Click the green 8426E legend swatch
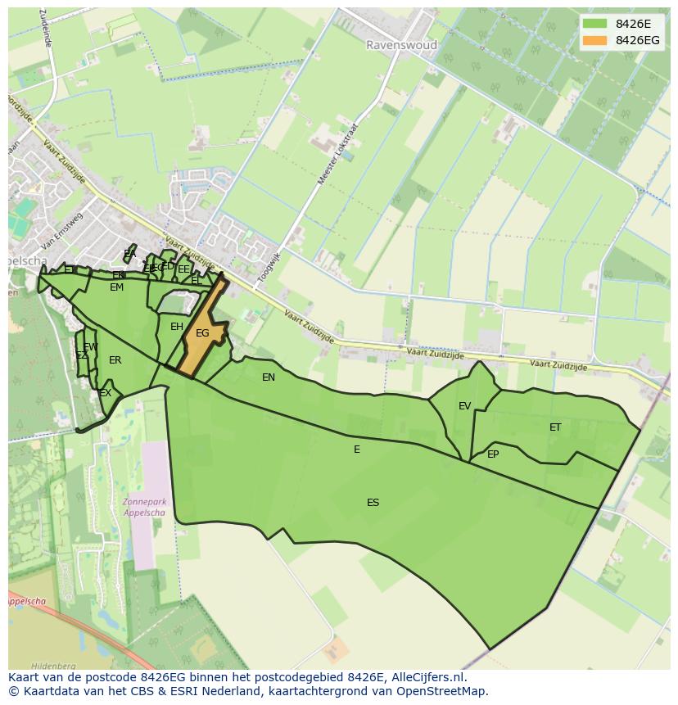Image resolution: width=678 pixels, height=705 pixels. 594,24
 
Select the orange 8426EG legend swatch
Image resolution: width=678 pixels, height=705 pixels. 594,40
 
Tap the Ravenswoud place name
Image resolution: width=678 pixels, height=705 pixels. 401,45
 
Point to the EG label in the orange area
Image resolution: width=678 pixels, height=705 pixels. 202,333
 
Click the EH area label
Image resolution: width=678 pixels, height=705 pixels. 177,327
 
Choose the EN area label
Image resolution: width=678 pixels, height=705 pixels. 269,377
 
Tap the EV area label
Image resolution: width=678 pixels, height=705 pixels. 464,406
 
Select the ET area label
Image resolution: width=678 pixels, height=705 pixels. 555,427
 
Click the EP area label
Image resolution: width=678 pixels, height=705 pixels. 493,454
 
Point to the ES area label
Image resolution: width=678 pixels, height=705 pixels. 373,503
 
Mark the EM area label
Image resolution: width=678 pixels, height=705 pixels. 116,287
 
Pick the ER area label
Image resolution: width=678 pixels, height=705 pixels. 115,360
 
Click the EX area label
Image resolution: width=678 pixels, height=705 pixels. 106,394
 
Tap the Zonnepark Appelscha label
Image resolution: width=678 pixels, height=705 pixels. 143,507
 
